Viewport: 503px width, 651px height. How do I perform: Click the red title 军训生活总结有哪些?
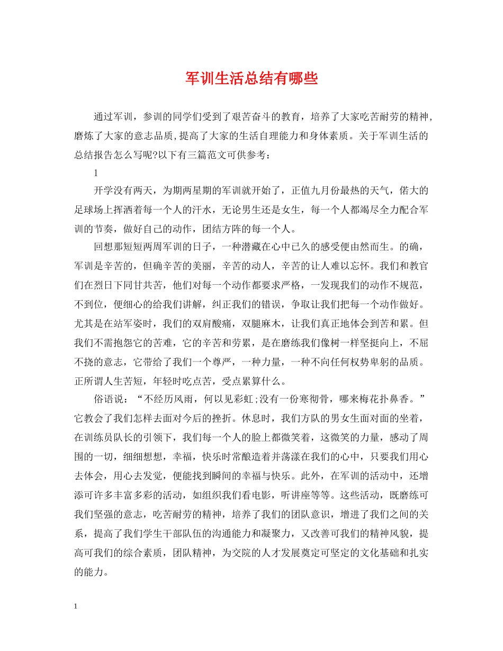(x=251, y=79)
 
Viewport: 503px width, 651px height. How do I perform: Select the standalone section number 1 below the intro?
(x=96, y=173)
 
